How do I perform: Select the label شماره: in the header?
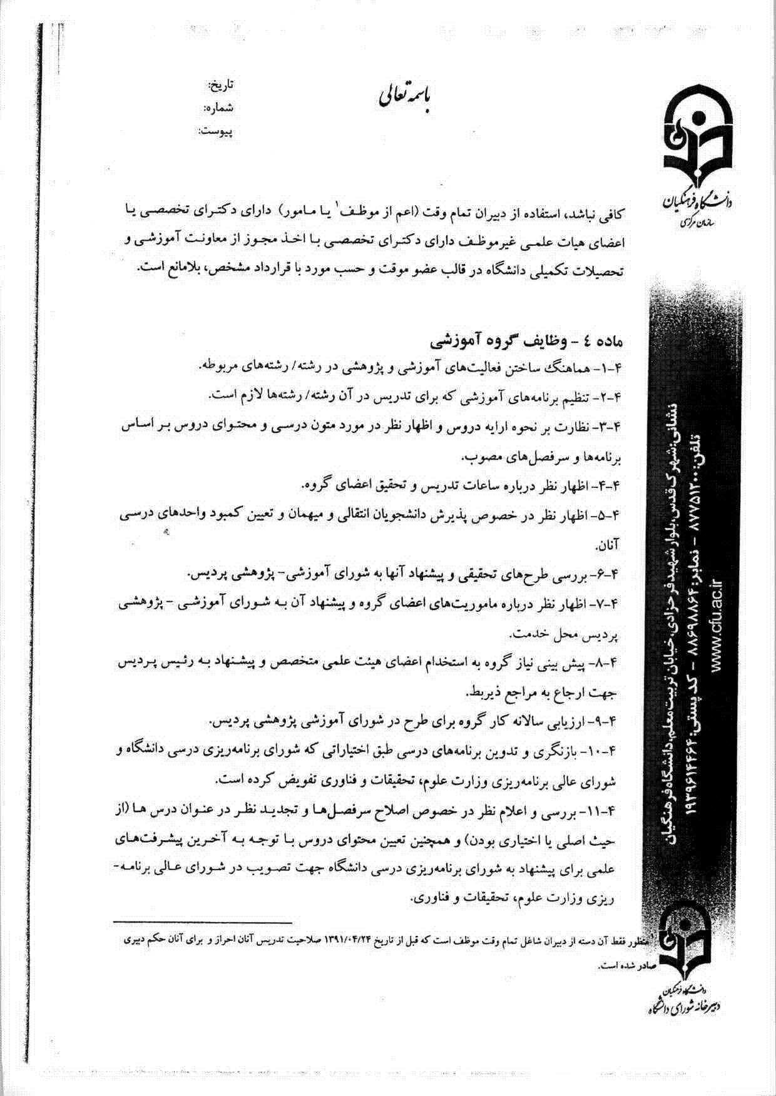coord(218,108)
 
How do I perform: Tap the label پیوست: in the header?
coord(215,131)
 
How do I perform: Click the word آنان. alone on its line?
coord(606,545)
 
